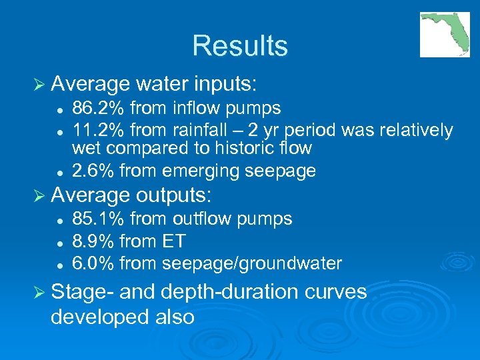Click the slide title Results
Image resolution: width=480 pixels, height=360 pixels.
240,46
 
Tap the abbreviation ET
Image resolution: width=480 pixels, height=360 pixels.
173,241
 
